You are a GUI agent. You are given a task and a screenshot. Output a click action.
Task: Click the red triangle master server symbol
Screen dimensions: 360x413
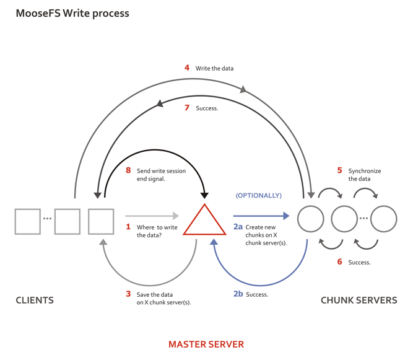[x=204, y=222]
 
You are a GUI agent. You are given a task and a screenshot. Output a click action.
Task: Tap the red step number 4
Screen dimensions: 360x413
[x=187, y=68]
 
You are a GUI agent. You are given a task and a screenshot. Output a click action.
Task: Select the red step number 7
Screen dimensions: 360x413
[x=187, y=108]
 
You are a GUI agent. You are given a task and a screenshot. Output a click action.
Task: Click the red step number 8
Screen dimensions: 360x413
[x=128, y=170]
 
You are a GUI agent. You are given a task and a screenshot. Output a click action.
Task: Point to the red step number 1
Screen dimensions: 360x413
[x=128, y=227]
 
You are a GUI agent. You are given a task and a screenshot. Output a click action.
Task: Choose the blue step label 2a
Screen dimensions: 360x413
[x=238, y=227]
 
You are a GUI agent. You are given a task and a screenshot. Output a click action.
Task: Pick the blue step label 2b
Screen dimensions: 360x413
[x=238, y=294]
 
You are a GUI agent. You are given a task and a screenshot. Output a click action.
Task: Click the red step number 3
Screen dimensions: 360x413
[x=128, y=294]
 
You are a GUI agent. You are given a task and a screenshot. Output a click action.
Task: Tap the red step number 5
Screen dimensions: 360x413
[x=339, y=170]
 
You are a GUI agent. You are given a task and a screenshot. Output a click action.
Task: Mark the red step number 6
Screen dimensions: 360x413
[x=339, y=262]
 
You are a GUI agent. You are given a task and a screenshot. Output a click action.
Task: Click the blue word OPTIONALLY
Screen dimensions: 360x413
[x=258, y=195]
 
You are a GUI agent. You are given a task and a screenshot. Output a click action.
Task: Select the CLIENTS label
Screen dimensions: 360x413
[x=35, y=301]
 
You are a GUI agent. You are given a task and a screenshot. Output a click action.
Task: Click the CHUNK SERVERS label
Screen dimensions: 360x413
[x=359, y=301]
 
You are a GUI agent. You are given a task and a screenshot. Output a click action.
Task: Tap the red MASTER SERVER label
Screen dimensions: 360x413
[x=206, y=345]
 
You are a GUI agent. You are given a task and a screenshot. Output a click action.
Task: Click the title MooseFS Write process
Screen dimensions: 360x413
[x=72, y=13]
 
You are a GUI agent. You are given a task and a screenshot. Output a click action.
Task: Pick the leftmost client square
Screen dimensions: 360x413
[x=28, y=221]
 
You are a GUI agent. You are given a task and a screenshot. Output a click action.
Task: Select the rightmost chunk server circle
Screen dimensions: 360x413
[x=384, y=219]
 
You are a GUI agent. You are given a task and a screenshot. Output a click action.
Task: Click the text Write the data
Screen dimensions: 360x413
[x=214, y=68]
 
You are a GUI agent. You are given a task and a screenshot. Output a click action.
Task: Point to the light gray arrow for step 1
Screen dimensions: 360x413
[x=152, y=216]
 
